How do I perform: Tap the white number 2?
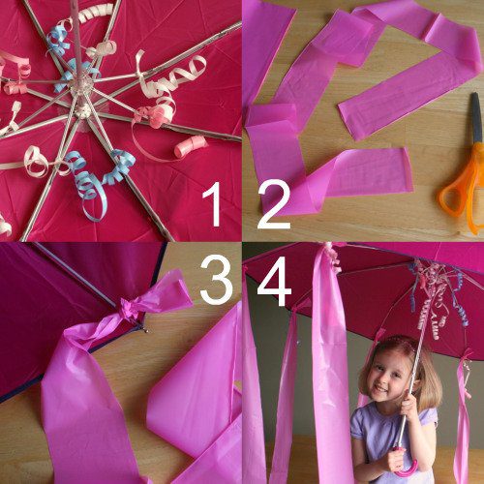click(274, 206)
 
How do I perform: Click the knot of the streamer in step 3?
click(129, 308)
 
